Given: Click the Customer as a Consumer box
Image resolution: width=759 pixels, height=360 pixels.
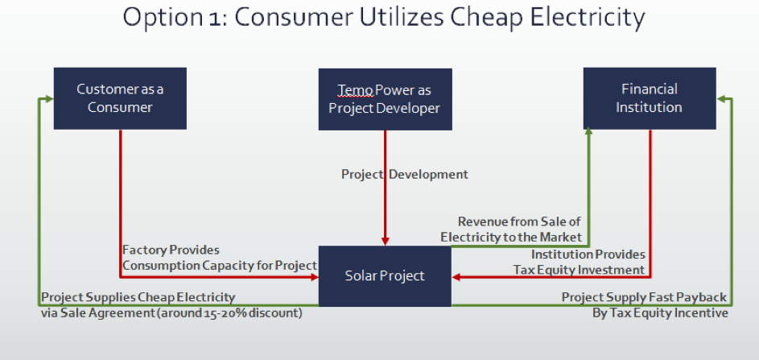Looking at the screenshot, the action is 120,98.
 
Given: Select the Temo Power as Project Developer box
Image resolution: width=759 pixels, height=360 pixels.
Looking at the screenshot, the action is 386,99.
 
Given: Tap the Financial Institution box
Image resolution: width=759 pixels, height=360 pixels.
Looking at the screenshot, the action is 650,98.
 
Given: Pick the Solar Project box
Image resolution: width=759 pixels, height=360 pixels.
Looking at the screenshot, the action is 385,276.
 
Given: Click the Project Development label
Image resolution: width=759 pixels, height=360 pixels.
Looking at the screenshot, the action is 405,175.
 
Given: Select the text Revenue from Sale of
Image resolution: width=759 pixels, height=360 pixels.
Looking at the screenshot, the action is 519,221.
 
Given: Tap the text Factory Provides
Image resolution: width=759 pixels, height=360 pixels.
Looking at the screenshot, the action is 171,250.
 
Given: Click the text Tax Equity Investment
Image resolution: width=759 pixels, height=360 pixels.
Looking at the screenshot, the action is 579,270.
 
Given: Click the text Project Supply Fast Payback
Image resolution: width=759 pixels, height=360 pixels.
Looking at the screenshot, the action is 644,297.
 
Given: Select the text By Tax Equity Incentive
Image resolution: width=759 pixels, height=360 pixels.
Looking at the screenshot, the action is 660,313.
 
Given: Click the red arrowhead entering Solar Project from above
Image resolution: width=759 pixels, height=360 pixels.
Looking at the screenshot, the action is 386,241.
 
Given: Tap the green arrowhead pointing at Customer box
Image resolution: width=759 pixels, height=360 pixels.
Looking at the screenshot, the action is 48,99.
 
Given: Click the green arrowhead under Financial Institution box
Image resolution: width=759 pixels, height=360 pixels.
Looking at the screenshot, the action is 588,132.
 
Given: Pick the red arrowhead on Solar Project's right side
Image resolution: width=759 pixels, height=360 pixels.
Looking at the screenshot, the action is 456,277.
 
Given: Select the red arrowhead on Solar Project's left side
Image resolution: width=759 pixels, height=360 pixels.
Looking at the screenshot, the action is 314,277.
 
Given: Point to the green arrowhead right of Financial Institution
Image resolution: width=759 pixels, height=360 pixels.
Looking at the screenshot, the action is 721,99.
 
